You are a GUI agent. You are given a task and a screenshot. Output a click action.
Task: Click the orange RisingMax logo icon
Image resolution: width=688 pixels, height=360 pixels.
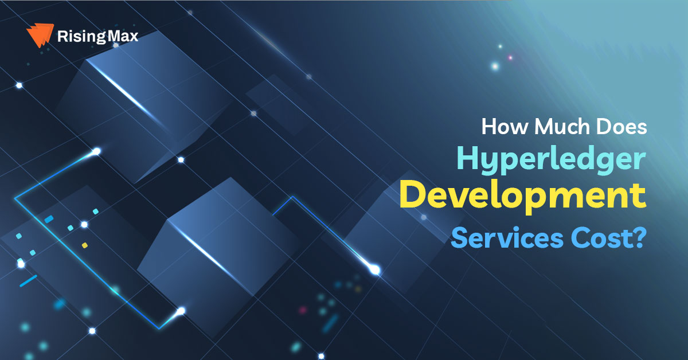coord(40,35)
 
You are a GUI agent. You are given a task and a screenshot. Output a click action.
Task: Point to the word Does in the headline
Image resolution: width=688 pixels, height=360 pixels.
coord(621,126)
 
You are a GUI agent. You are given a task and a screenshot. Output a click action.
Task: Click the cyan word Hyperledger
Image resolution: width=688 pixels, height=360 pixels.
coord(552,161)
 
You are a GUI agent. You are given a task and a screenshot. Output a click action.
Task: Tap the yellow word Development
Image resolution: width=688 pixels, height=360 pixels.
coord(523,195)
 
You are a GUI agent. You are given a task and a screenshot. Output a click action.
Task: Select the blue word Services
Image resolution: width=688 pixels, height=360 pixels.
coord(507,238)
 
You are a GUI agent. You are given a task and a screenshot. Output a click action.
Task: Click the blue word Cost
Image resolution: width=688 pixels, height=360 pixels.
coord(600,238)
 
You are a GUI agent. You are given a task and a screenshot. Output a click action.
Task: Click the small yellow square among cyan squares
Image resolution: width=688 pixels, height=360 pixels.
coord(85,245)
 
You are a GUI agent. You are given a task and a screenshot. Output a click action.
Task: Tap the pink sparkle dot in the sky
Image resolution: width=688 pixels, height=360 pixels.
coord(510,57)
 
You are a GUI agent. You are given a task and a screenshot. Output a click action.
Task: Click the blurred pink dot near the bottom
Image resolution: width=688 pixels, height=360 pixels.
coord(303,310)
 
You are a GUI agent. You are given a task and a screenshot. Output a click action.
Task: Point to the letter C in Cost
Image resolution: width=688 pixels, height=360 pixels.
coord(579,238)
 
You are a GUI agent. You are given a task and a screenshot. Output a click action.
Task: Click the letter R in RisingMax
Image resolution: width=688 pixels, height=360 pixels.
coord(62,36)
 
